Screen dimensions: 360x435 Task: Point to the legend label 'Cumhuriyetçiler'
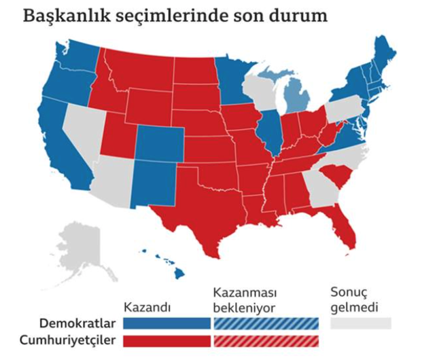(x=73, y=339)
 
